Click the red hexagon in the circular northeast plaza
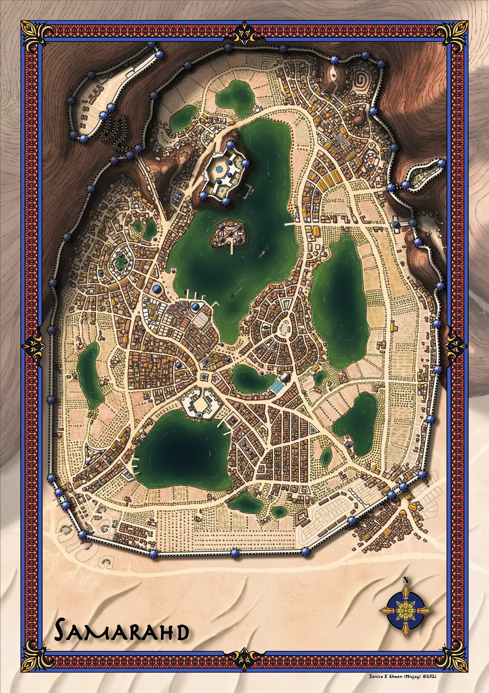click(x=371, y=159)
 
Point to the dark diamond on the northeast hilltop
click(x=334, y=76)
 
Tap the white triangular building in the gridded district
click(x=313, y=429)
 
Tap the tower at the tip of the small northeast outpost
click(x=441, y=162)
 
